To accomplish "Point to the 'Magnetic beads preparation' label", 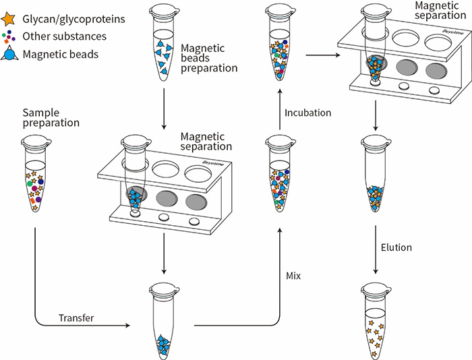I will point(209,58).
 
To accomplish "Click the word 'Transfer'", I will point(76,318).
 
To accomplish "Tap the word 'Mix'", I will point(293,276).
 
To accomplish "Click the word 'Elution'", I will point(396,247).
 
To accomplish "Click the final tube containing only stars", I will point(376,317).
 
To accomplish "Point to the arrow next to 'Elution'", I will point(376,247).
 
